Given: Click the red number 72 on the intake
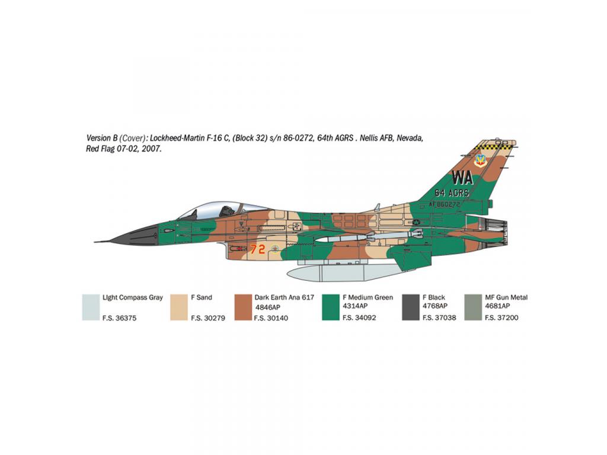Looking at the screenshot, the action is point(257,248).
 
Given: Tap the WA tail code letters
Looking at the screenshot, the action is point(462,178).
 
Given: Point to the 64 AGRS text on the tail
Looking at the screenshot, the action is point(451,193).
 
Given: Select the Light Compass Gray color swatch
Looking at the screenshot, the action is point(91,307).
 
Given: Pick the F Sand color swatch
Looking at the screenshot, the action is point(179,307).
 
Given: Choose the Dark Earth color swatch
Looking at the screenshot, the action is point(243,307).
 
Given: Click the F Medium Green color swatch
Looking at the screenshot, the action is point(331,307).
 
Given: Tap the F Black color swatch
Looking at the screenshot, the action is point(411,307).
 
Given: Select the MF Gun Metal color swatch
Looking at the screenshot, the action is point(473,307).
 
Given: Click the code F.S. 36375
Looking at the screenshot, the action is point(119,318).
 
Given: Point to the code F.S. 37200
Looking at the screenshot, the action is point(501,318).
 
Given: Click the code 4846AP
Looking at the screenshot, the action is point(267,307).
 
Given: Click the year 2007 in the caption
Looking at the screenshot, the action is point(151,149).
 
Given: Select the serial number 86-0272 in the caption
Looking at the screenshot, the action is point(298,138).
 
